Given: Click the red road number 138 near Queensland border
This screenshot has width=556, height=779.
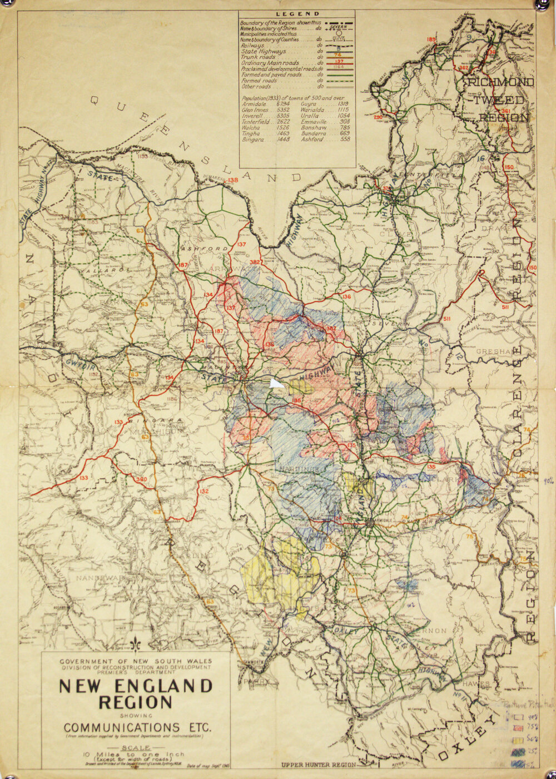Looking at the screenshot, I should click(232, 180).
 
